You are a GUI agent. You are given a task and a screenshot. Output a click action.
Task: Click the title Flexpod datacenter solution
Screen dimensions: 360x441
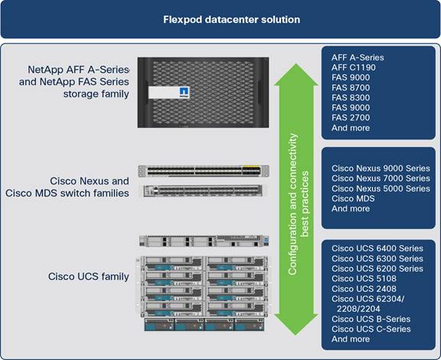click(x=220, y=18)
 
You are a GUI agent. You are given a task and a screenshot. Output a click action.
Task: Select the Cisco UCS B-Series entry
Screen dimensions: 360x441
click(x=371, y=319)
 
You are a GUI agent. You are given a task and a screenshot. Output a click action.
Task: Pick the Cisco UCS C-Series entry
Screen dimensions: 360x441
click(x=371, y=329)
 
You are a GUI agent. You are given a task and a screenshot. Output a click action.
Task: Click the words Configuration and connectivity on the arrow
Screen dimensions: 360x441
click(x=292, y=207)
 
